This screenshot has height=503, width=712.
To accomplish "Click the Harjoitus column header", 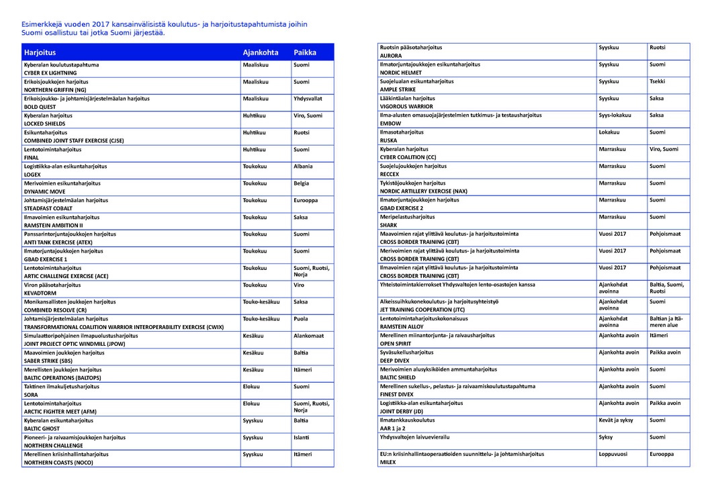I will [40, 52].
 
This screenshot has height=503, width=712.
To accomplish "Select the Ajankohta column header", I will [260, 52].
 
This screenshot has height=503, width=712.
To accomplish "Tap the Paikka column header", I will [305, 52].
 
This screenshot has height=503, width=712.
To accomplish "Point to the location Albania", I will [303, 167].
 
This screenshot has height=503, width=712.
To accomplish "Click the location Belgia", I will [302, 183].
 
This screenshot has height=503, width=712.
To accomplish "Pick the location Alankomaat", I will [308, 336].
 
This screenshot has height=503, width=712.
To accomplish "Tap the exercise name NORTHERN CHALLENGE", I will [54, 446].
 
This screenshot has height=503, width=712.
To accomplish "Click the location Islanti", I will [302, 438].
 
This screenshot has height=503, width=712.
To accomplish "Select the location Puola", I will [301, 319].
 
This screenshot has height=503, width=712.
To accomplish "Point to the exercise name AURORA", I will [391, 56].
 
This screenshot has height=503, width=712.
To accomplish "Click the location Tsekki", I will [658, 81].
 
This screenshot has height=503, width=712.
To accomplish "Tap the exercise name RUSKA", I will [389, 141].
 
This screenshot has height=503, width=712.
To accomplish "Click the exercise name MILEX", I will [389, 463].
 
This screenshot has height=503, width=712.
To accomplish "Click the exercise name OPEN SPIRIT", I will [396, 344].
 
